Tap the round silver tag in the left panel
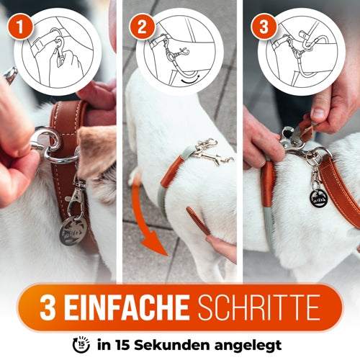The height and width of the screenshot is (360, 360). [x=74, y=230]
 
